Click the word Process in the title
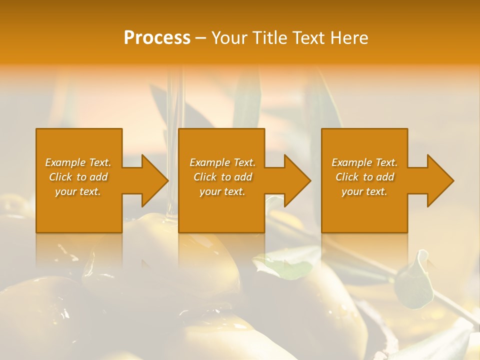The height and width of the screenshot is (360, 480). [x=157, y=38]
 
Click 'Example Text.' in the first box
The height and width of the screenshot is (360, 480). [x=78, y=162]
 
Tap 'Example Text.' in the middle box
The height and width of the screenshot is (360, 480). [x=222, y=162]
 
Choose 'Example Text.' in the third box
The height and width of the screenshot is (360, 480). [x=364, y=162]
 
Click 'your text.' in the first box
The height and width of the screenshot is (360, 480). [x=78, y=191]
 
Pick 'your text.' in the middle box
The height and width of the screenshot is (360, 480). [x=222, y=191]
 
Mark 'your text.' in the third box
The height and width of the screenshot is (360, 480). [x=364, y=191]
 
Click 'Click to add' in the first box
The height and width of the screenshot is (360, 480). [x=78, y=177]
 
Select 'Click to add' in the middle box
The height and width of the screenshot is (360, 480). [x=222, y=177]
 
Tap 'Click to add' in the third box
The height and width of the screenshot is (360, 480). [x=364, y=177]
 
